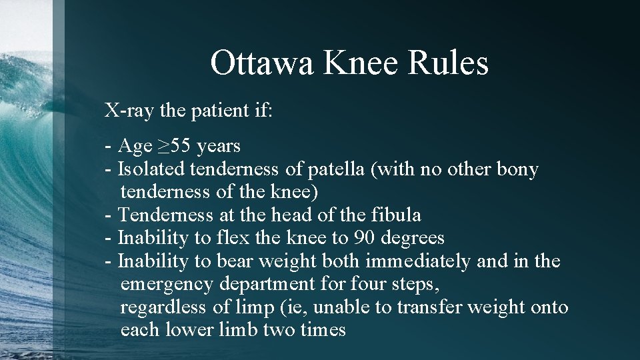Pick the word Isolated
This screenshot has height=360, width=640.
(151, 169)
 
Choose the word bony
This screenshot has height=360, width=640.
(518, 169)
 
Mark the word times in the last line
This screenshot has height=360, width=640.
(323, 329)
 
